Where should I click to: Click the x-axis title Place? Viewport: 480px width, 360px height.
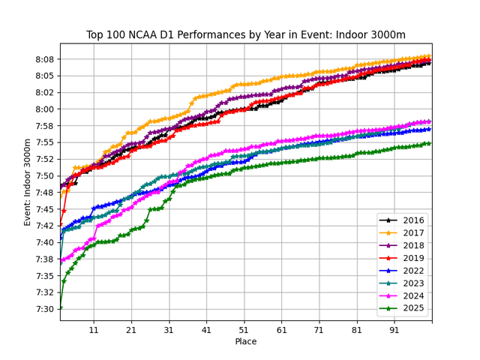246,342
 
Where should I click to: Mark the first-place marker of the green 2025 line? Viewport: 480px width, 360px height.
61,307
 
